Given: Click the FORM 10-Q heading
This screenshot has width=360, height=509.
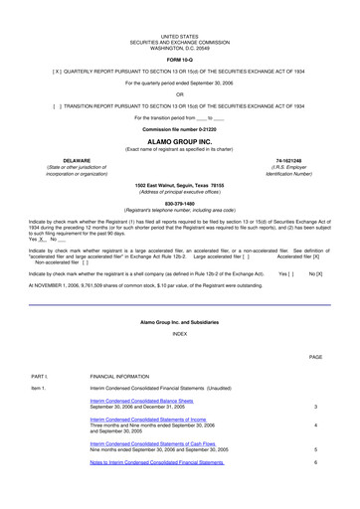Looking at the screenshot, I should click(180, 60).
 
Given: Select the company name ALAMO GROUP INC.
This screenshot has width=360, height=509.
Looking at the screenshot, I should click(180, 141).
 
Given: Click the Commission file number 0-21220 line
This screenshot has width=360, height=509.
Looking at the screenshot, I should click(180, 130).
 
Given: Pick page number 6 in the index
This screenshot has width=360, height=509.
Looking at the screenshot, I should click(315, 463).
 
